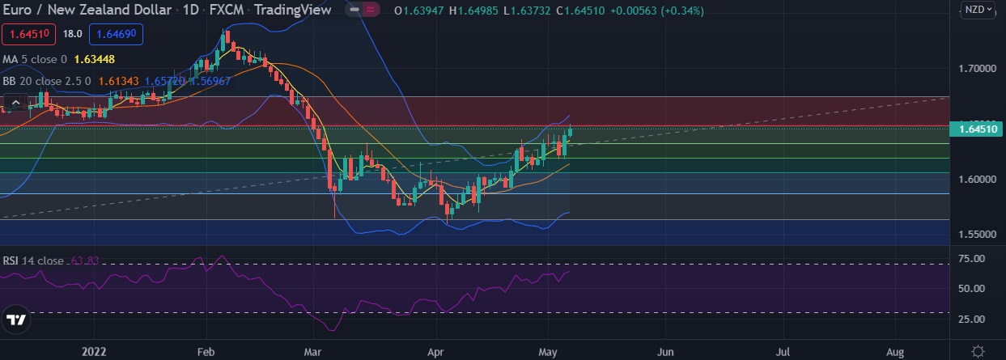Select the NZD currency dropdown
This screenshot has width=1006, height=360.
point(976,11)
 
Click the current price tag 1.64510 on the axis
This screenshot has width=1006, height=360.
point(979,129)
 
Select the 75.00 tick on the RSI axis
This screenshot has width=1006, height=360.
point(970,259)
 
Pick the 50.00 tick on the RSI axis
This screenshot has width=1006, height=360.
point(970,289)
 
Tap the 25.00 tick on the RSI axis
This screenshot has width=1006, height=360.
point(970,319)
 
